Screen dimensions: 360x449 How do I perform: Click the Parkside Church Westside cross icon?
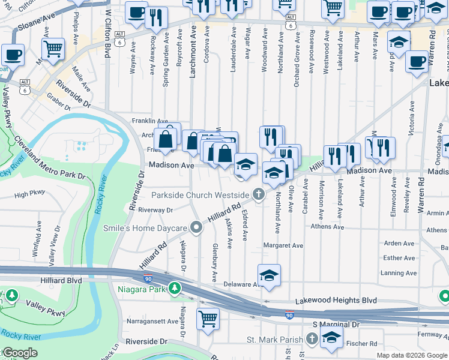(259, 194)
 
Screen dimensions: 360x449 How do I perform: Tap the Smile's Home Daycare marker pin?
(196, 227)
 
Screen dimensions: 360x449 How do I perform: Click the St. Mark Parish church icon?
(311, 340)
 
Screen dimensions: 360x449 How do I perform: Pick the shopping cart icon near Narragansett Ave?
(208, 319)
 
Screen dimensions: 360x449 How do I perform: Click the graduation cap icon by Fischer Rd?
(331, 337)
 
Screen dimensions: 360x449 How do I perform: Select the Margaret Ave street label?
(283, 245)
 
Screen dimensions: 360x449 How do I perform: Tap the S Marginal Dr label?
(336, 324)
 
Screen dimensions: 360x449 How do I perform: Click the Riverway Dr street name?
(155, 210)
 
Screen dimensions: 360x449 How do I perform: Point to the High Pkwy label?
(30, 194)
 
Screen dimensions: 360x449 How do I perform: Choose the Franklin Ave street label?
(150, 121)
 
